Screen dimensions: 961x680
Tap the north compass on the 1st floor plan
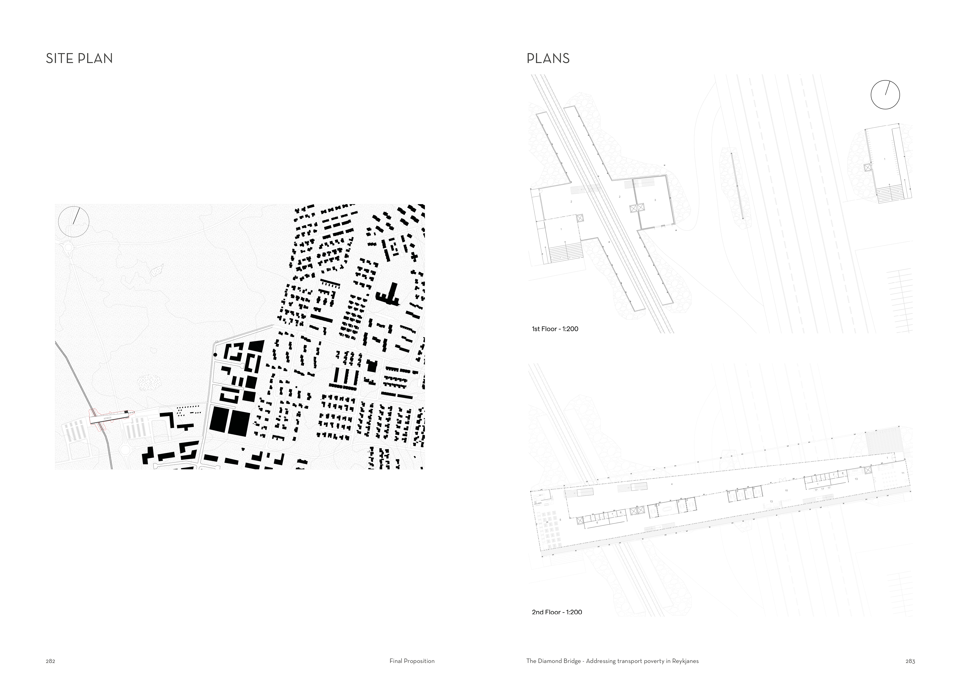coord(885,95)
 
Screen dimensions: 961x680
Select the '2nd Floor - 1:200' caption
coord(557,612)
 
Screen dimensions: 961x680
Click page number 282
coord(50,661)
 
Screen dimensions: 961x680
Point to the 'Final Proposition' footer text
coord(412,661)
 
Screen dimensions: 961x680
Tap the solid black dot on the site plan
coord(215,355)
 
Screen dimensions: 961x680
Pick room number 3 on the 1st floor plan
coord(655,200)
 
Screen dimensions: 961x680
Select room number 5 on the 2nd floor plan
coord(560,520)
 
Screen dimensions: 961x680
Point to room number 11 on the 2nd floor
coord(903,473)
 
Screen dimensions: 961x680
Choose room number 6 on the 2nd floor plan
coord(597,523)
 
